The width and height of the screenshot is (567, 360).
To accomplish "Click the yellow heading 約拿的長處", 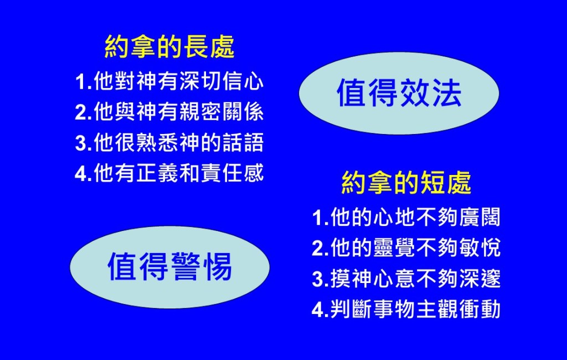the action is tap(169, 47).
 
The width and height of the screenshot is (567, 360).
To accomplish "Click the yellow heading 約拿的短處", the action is tap(406, 183).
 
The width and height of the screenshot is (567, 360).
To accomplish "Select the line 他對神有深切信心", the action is tap(179, 81).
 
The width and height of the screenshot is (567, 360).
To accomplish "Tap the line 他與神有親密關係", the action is tap(179, 111).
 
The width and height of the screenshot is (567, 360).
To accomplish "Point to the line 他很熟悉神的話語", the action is tap(179, 142).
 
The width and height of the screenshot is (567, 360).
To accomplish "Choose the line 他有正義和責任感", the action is tap(179, 173).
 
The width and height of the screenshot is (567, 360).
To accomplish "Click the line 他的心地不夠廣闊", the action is tap(415, 217).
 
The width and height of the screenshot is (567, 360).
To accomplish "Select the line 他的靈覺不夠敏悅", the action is tap(415, 248).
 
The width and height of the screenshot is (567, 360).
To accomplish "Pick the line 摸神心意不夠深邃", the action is tap(415, 279).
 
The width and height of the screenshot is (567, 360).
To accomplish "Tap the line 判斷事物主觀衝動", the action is tap(415, 310).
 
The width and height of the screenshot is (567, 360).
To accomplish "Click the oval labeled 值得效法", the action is tap(399, 93).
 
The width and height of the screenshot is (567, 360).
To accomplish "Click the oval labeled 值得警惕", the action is tap(169, 267).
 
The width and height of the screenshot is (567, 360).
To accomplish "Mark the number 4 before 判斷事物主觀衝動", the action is tap(317, 310).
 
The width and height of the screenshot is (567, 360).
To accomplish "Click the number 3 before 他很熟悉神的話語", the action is tap(81, 143).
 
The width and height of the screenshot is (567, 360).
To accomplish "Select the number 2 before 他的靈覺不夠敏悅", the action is tap(317, 249).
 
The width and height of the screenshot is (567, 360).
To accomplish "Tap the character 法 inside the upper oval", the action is tap(446, 93).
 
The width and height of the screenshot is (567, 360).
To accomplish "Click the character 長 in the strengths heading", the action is tap(195, 47).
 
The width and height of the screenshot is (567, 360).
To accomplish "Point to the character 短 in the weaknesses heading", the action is tap(432, 183).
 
